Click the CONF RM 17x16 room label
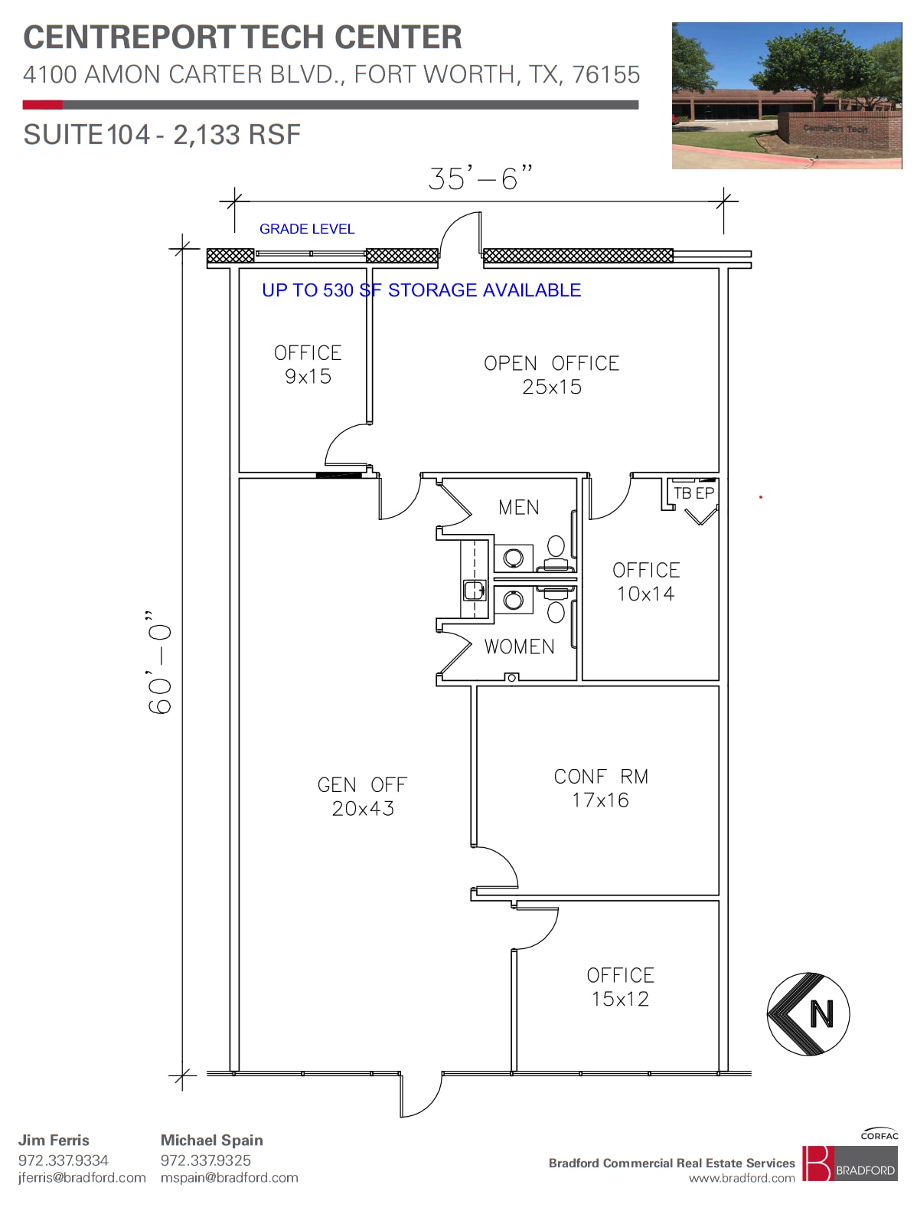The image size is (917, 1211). pyautogui.click(x=601, y=788)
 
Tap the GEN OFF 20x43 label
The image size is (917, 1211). pyautogui.click(x=362, y=797)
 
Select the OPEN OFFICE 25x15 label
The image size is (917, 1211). pyautogui.click(x=551, y=375)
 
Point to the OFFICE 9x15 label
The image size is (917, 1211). pyautogui.click(x=308, y=365)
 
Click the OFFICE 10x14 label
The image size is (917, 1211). pyautogui.click(x=646, y=581)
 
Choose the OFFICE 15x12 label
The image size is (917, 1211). pyautogui.click(x=620, y=987)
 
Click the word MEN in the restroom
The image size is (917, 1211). pyautogui.click(x=518, y=507)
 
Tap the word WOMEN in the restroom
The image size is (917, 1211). pyautogui.click(x=519, y=646)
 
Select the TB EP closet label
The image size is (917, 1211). pyautogui.click(x=693, y=493)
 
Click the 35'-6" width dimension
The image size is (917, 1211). pyautogui.click(x=480, y=178)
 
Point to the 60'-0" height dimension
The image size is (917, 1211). pyautogui.click(x=160, y=663)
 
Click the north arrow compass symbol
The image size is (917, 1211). pyautogui.click(x=808, y=1014)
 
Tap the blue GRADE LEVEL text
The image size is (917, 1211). pyautogui.click(x=307, y=229)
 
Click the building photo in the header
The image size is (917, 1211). pyautogui.click(x=786, y=95)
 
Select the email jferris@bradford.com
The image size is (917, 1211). pyautogui.click(x=82, y=1177)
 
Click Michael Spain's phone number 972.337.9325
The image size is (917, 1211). pyautogui.click(x=205, y=1160)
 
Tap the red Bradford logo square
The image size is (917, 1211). pyautogui.click(x=816, y=1163)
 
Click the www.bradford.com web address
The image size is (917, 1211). pyautogui.click(x=741, y=1178)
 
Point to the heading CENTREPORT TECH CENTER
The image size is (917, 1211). pyautogui.click(x=243, y=38)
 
